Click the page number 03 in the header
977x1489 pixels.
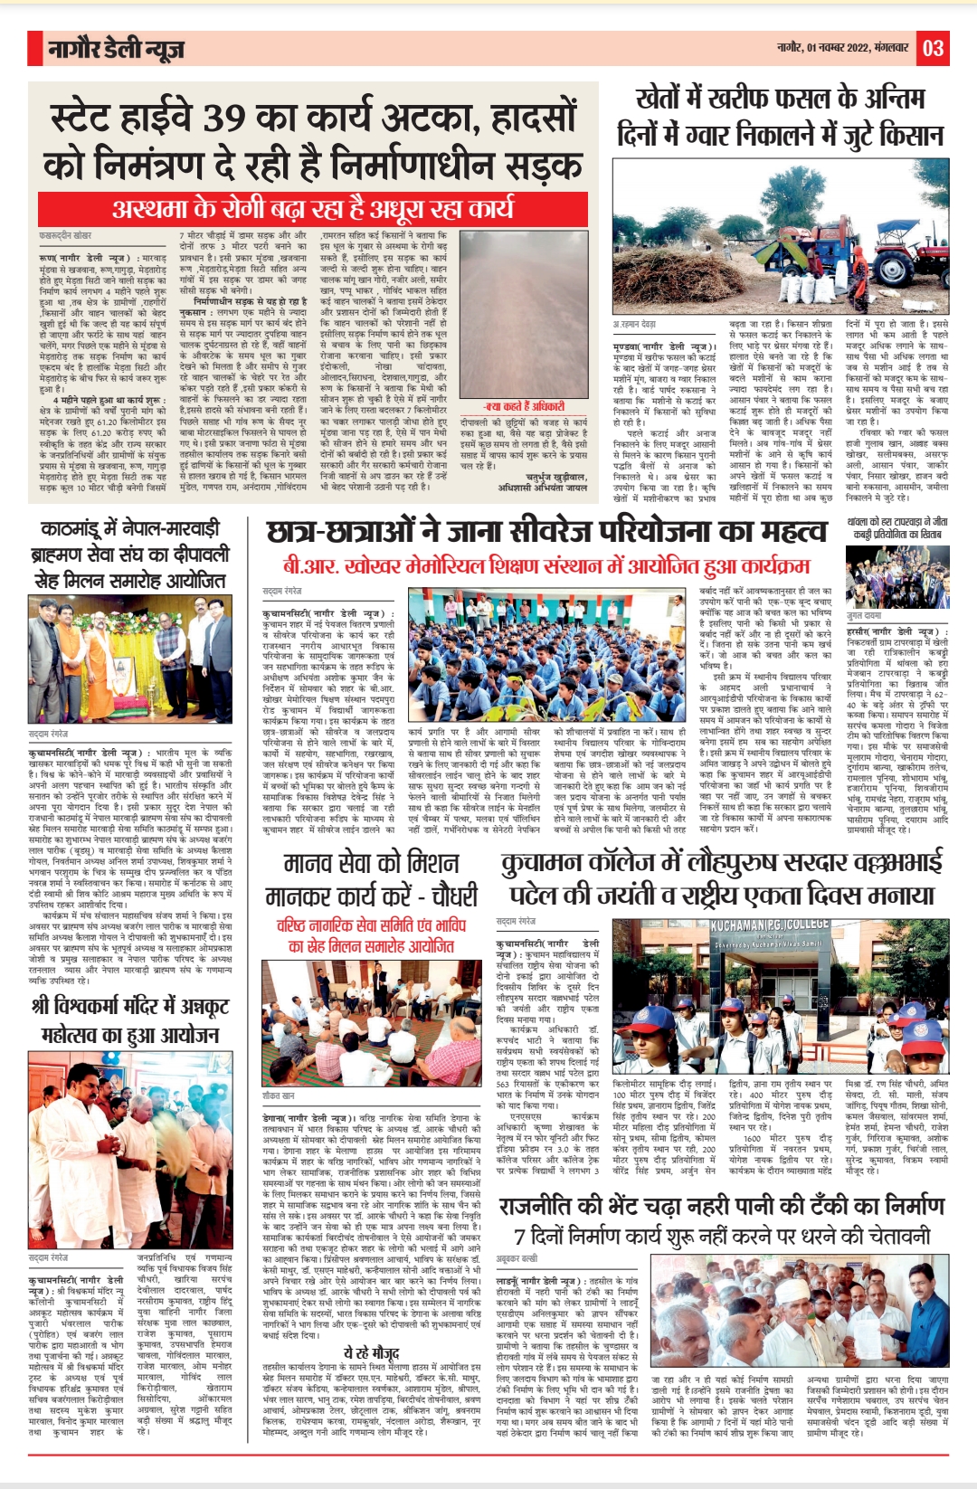pos(934,48)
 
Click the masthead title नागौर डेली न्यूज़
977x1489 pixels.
pos(116,49)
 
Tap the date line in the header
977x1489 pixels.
pos(843,48)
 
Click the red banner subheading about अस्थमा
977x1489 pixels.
pos(312,209)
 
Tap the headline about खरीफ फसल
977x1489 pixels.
pos(780,117)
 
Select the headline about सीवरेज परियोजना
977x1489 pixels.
pos(548,532)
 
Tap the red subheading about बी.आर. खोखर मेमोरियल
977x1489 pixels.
pos(545,566)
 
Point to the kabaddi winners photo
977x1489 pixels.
pos(897,575)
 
